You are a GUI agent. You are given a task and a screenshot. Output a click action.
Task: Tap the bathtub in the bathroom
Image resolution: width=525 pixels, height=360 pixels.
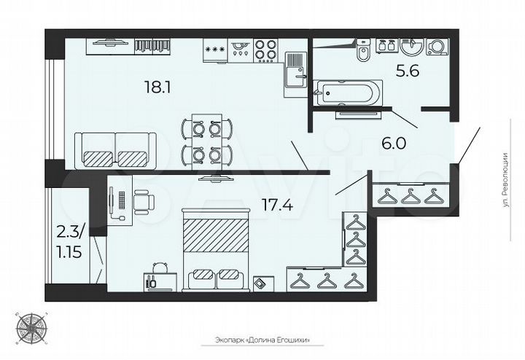click(x=346, y=93)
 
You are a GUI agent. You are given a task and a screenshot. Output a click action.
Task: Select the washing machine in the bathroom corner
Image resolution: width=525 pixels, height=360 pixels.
click(x=437, y=47)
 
